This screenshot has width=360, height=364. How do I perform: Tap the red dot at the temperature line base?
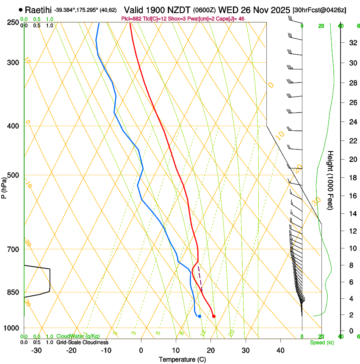(213, 316)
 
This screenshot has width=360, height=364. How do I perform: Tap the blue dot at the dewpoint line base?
(199, 316)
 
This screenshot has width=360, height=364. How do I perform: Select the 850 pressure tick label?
(13, 292)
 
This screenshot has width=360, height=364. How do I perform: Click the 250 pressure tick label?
(13, 22)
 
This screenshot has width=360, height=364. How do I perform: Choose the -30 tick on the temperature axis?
(36, 350)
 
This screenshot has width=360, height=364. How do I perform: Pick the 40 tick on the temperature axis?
(280, 350)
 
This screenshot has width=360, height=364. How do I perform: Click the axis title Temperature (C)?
(182, 359)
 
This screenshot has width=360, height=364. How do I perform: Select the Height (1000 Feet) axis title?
(331, 180)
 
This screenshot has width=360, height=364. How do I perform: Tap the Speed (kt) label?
(321, 342)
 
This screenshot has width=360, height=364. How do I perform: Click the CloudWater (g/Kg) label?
(78, 336)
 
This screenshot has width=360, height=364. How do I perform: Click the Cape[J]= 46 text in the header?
(233, 19)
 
